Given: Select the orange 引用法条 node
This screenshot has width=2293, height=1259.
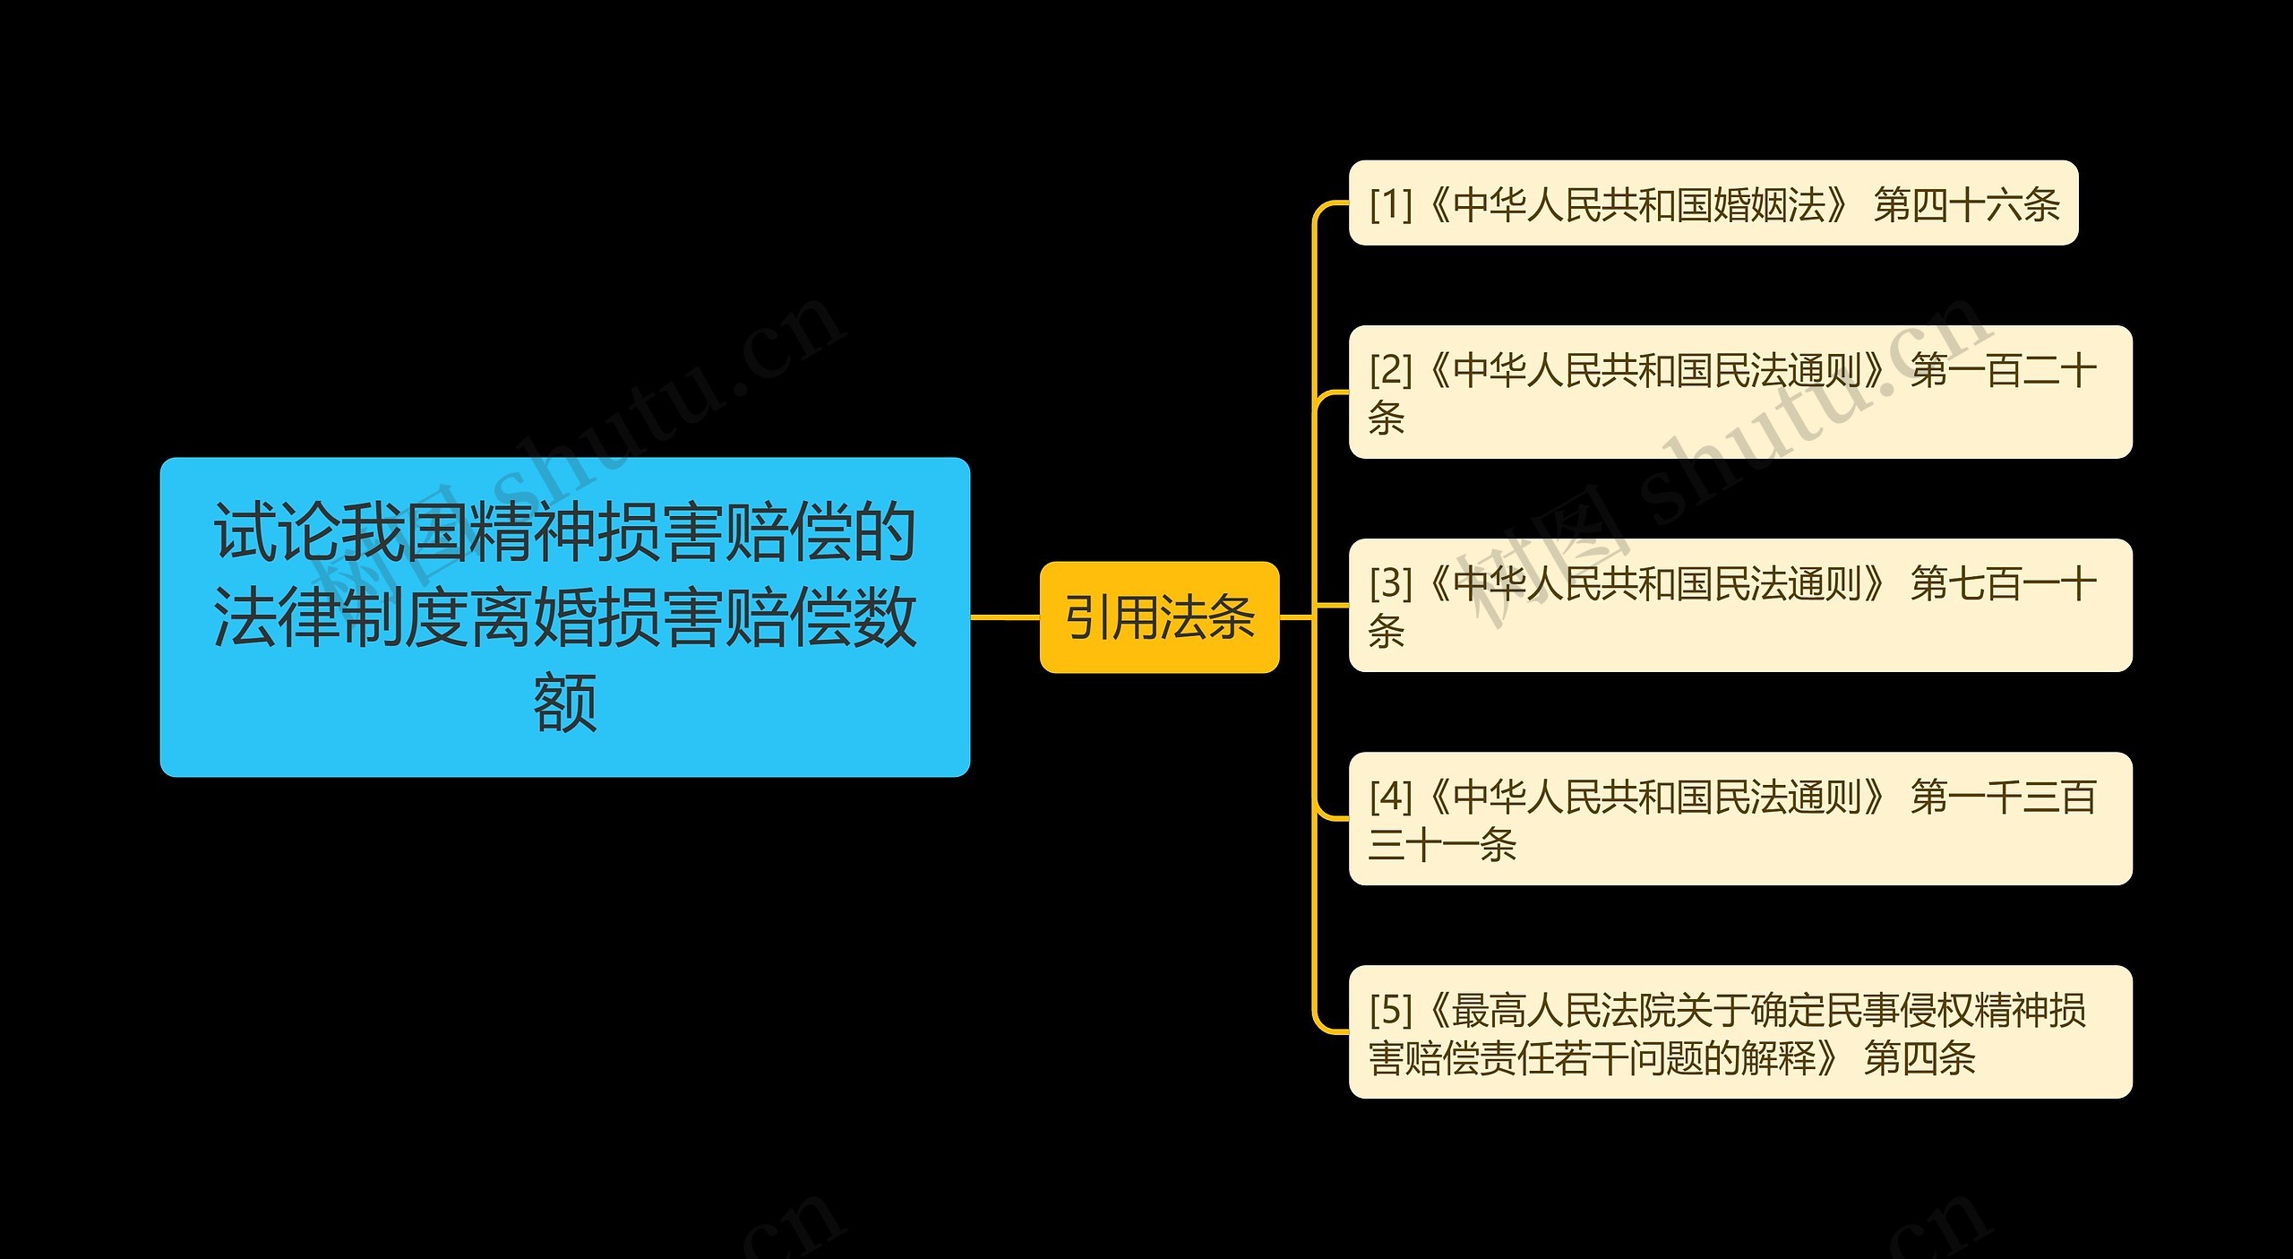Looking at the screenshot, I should coord(1159,617).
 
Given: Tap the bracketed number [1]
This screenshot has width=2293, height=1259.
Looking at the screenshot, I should coord(1390,204).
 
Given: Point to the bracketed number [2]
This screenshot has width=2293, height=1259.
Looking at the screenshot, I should coord(1390,369).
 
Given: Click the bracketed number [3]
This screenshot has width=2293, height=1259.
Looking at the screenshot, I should coord(1390,583).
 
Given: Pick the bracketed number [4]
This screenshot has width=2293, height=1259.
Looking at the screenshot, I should coord(1390,797).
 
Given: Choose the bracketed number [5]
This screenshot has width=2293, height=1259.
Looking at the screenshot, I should coord(1390,1010).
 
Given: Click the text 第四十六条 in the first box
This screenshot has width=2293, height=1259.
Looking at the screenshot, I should coord(1966,204).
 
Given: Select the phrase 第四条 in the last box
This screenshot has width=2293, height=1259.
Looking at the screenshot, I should coord(1919,1058).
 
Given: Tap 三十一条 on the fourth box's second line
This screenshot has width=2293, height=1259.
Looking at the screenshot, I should coord(1442,845).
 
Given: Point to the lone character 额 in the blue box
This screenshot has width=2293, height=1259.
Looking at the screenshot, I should coord(564,703).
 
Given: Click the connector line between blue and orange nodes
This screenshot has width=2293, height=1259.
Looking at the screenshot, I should coord(1004,617).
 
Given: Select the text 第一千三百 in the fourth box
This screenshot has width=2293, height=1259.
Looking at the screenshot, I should coord(2003,797).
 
